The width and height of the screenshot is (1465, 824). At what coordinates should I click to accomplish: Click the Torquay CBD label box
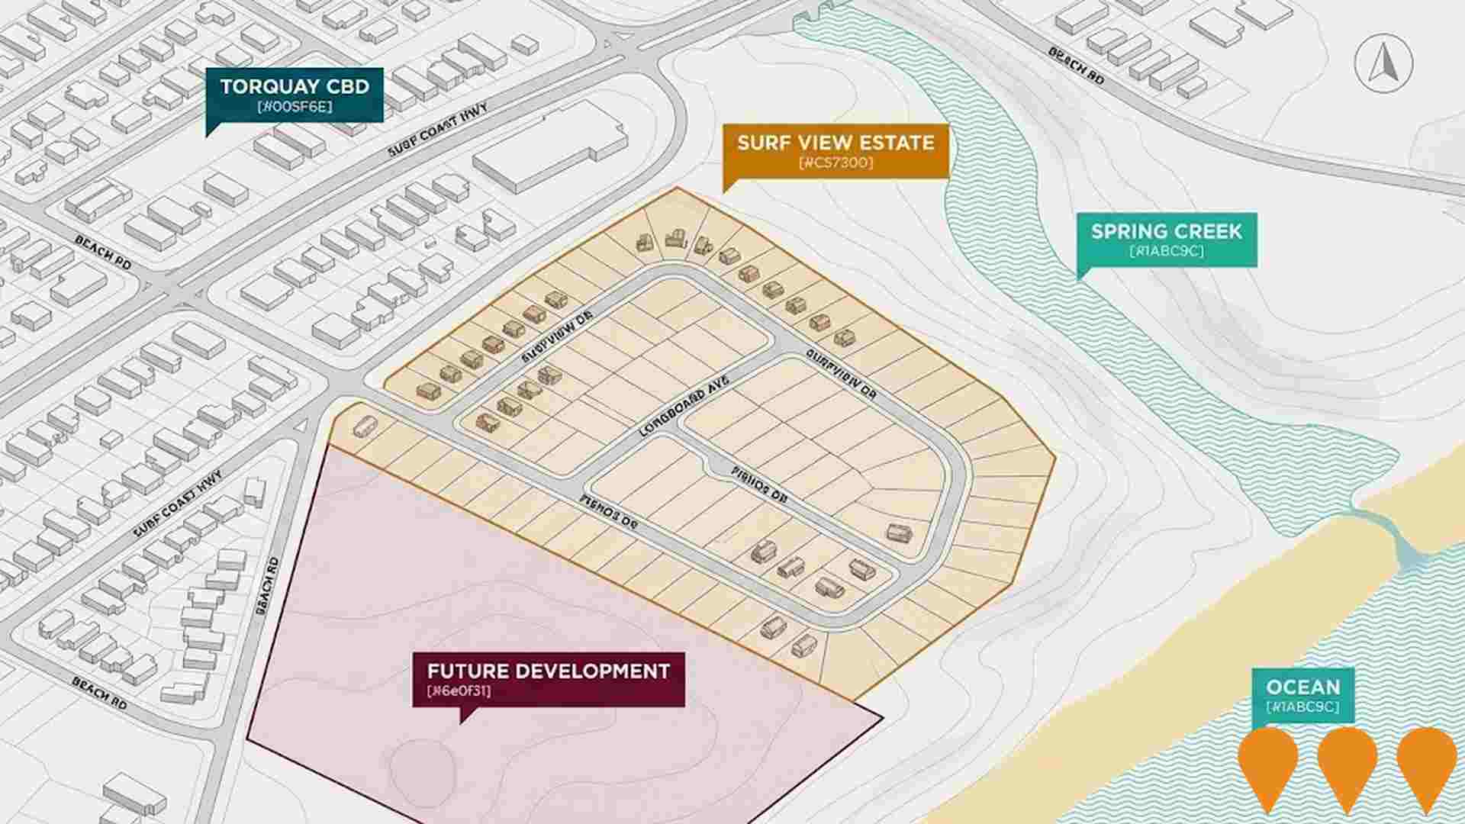(295, 95)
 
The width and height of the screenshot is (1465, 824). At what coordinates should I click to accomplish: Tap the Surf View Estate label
(836, 150)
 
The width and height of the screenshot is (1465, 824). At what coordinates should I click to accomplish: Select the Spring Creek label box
(1166, 239)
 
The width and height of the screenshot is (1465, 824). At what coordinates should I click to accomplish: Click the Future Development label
(548, 679)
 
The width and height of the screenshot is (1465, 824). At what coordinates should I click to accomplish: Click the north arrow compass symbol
(1383, 64)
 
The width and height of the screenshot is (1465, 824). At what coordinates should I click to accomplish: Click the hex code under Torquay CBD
(295, 107)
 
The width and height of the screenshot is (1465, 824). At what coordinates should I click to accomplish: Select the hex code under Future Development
(459, 691)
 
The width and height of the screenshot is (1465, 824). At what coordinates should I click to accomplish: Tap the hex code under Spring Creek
(1166, 251)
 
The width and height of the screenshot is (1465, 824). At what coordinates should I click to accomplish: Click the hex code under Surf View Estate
(836, 163)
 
